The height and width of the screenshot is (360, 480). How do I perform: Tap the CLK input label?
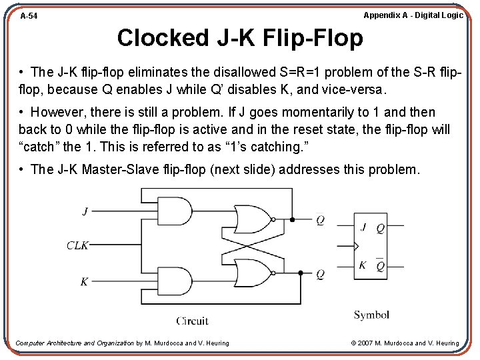coord(77,245)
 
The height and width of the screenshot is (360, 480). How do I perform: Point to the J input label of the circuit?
coord(85,211)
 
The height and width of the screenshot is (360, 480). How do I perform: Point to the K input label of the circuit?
coord(84,281)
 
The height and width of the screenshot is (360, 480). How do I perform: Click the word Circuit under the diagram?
coord(193,321)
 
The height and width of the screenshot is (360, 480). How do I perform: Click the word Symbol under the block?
coord(371,315)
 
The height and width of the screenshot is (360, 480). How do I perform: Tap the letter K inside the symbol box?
coord(363,265)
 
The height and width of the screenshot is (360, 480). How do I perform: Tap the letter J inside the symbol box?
coord(363,227)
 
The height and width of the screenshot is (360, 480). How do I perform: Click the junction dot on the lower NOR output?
coord(300,273)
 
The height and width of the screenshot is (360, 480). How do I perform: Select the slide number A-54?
coord(29,15)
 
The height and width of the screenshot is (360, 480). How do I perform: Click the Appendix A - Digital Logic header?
coord(413,15)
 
